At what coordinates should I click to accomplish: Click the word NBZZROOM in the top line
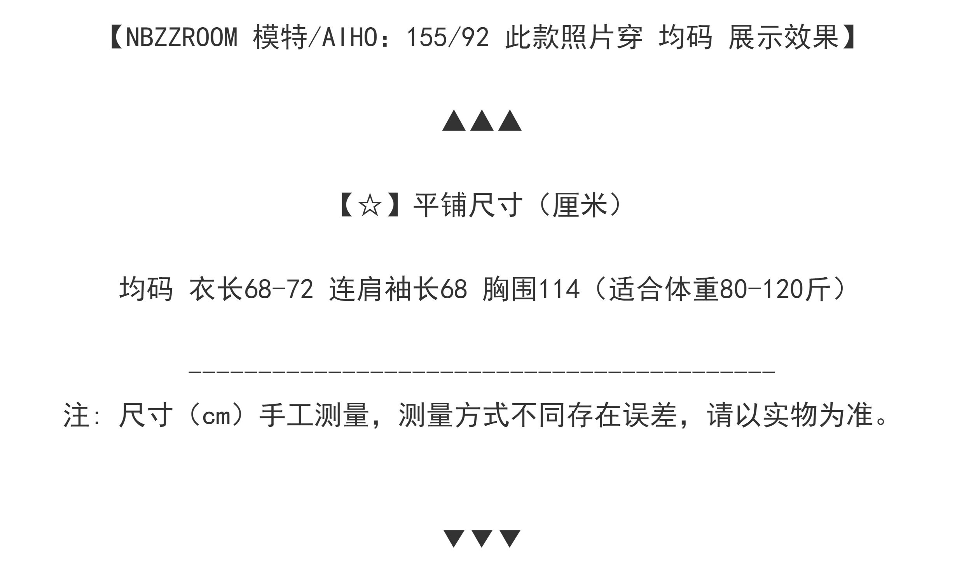coord(181,38)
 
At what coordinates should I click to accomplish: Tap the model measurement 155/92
coord(447,38)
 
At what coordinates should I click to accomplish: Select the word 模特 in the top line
coord(280,38)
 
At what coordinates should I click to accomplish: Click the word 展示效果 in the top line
coord(784,38)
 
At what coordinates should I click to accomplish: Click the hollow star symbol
coord(370,206)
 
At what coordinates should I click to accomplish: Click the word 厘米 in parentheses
coord(580,206)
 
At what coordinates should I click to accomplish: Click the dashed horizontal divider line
coord(482,372)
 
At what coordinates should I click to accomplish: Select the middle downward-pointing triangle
coord(482,538)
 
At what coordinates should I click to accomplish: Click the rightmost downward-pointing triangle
coord(510,538)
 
